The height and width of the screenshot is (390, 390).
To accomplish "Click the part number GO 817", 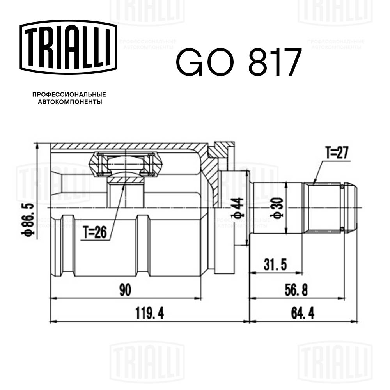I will tap(239, 62).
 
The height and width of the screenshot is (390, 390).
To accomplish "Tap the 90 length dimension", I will tap(125, 290).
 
